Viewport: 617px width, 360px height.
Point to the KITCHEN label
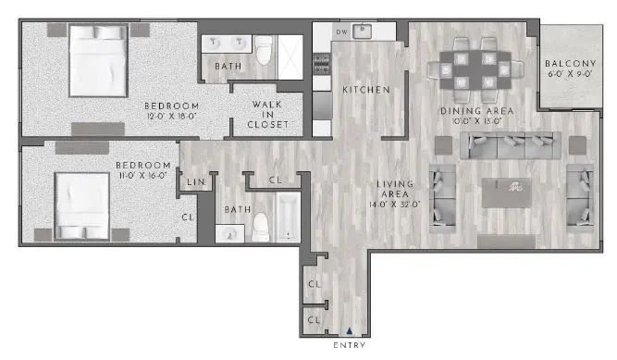point(365,90)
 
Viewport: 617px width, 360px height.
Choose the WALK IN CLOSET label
point(267,114)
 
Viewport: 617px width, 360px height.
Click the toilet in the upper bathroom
point(265,53)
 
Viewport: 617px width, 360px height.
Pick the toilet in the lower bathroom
point(261,224)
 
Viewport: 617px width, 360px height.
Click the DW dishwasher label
point(341,32)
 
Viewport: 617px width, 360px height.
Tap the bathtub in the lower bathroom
point(284,217)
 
